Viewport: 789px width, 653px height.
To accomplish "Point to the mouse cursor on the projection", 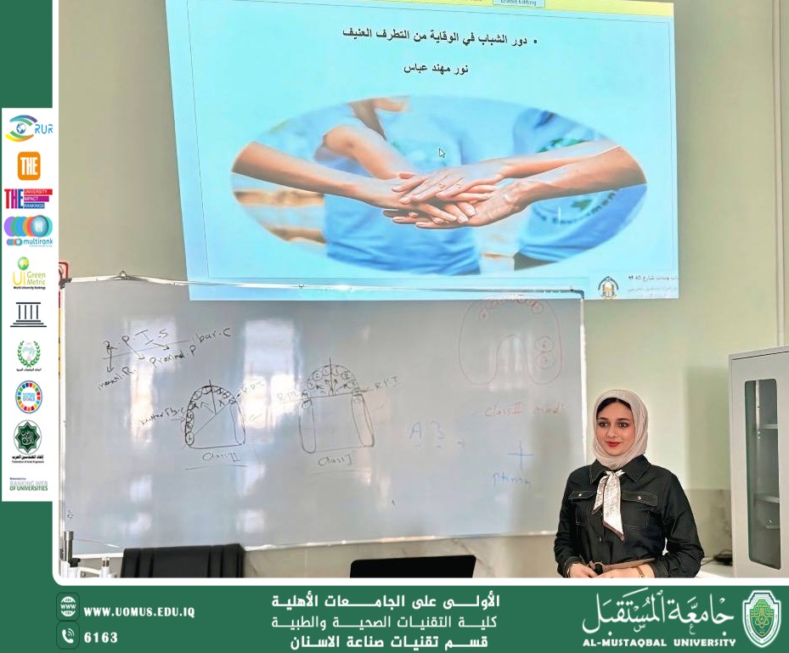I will pos(442,153).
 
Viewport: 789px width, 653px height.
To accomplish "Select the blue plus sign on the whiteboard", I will pos(520,456).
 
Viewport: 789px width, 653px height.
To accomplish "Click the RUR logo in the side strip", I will pos(29,128).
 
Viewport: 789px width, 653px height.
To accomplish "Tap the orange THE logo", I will pos(29,165).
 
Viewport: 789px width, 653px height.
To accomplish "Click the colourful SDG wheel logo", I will pos(28,397).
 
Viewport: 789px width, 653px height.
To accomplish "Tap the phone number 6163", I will pos(101,637).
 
